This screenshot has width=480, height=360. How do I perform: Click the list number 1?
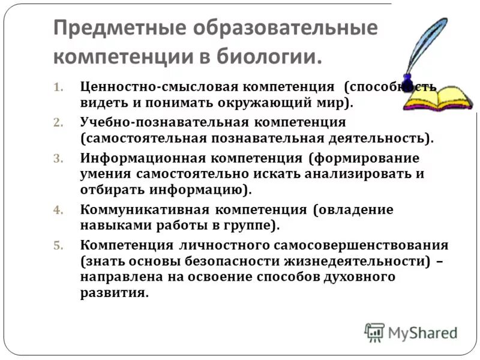[58, 87]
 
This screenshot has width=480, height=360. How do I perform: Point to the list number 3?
[58, 159]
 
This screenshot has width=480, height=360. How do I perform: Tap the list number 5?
[58, 246]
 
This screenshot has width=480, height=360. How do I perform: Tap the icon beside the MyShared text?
[374, 332]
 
